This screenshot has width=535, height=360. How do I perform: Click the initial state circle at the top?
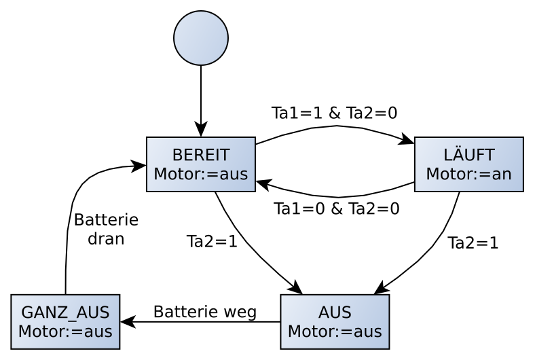201,38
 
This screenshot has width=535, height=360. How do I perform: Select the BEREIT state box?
201,164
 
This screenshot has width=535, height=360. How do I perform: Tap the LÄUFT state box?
468,164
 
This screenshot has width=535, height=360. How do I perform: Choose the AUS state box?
335,321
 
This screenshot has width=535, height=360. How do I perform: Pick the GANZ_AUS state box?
65,321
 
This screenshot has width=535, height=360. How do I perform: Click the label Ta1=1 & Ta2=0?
334,113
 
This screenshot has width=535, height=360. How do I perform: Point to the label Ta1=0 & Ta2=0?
336,209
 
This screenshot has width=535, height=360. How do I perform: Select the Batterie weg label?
204,312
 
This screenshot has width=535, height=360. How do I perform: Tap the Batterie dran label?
106,230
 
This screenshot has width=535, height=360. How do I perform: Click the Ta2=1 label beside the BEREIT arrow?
212,242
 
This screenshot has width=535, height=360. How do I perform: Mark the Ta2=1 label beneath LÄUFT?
473,243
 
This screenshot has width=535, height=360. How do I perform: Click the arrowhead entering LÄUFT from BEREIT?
407,141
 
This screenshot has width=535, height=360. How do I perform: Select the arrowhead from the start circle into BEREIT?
201,130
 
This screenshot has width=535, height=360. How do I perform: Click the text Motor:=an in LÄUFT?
468,174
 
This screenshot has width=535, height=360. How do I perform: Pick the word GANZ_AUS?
65,312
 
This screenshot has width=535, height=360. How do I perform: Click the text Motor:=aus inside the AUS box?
335,331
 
